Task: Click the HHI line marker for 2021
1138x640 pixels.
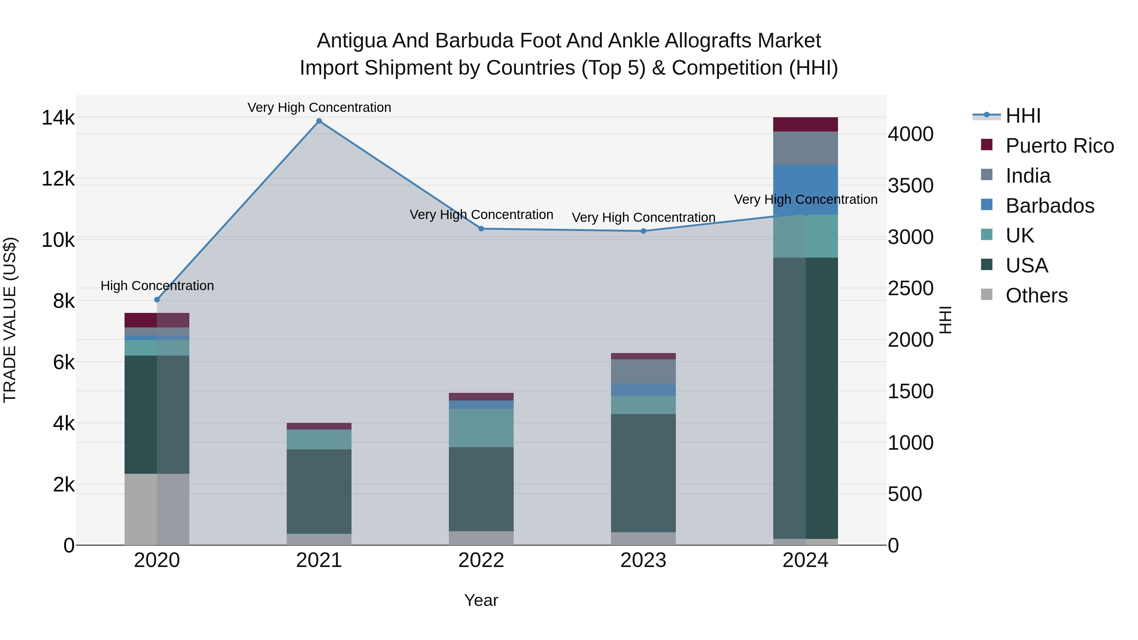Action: point(319,121)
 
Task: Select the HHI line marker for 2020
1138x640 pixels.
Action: point(157,300)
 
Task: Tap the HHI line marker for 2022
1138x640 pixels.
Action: point(481,229)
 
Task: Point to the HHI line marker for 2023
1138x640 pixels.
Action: point(643,231)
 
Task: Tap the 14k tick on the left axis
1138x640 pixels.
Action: point(58,118)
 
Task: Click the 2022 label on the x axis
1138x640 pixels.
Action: point(481,560)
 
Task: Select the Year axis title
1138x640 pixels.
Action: point(481,600)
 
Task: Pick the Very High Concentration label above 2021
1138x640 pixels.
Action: point(319,107)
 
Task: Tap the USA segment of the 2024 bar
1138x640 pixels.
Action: point(805,398)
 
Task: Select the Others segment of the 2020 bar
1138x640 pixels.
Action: point(157,509)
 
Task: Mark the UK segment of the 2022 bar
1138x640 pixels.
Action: point(481,428)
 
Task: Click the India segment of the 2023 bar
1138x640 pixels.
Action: point(643,371)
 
